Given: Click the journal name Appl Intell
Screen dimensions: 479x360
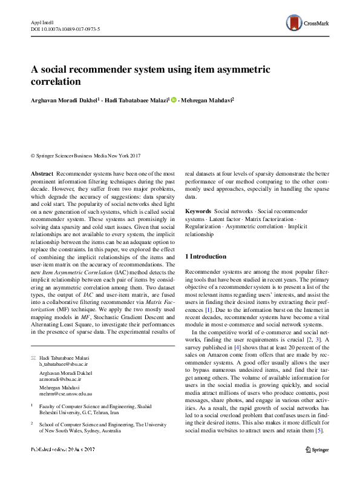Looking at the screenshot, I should pyautogui.click(x=41, y=21).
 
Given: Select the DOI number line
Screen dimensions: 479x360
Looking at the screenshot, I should pyautogui.click(x=65, y=28).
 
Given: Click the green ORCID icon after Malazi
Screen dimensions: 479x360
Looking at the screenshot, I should pyautogui.click(x=174, y=100).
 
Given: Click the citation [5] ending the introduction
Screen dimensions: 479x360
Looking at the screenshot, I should pyautogui.click(x=319, y=431).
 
